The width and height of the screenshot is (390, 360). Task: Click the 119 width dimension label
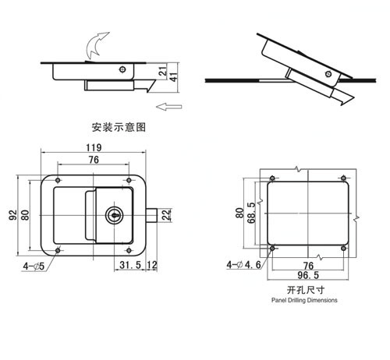94,147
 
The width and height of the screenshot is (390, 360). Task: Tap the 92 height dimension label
13,215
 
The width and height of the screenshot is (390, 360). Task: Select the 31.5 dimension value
130,265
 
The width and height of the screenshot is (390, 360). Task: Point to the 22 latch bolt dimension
166,215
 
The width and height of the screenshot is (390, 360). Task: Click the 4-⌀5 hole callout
34,266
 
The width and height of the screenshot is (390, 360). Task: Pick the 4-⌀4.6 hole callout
243,265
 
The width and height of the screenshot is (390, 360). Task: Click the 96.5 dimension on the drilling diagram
308,275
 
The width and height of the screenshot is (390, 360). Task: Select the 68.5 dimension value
252,213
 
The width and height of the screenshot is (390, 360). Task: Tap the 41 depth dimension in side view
174,77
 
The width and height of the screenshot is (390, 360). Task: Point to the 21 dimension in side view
163,71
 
